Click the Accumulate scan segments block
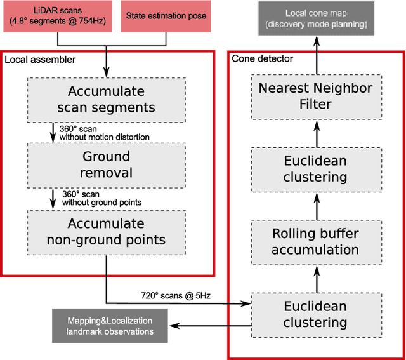click(x=106, y=99)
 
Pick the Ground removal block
click(x=106, y=164)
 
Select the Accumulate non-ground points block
click(x=106, y=232)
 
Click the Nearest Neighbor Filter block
click(x=315, y=95)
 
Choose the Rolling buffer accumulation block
click(x=315, y=241)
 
